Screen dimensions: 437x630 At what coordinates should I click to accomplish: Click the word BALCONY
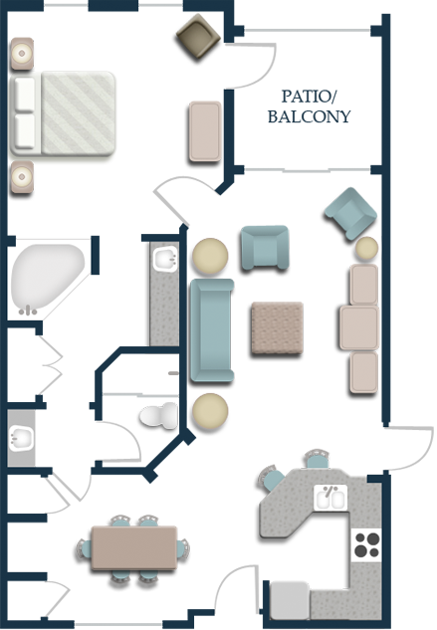(x=310, y=116)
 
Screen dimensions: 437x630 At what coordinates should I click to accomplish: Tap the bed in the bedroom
(x=63, y=113)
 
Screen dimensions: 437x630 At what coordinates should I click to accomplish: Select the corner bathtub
(x=48, y=280)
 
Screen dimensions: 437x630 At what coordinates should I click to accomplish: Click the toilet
(x=159, y=415)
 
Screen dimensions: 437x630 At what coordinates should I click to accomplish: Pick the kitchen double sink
(x=330, y=498)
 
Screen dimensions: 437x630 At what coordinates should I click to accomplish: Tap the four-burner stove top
(x=366, y=544)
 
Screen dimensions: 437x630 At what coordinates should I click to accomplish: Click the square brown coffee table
(x=277, y=327)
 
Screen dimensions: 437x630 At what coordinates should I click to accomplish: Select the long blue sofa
(x=212, y=329)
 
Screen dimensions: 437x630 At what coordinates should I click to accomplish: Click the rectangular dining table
(x=133, y=547)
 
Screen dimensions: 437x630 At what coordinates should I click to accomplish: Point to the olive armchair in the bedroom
(x=198, y=36)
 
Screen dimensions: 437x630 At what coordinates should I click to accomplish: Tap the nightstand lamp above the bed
(x=22, y=54)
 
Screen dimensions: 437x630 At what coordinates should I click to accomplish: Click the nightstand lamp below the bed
(x=22, y=177)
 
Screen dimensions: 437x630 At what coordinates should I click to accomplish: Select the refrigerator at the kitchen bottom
(x=289, y=600)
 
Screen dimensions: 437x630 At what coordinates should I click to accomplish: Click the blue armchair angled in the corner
(x=351, y=213)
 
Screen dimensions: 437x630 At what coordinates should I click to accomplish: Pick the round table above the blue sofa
(x=210, y=256)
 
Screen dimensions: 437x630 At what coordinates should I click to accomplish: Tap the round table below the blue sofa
(x=210, y=411)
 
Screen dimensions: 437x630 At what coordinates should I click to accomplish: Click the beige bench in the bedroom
(x=205, y=131)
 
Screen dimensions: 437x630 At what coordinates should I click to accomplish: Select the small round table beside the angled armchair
(x=366, y=248)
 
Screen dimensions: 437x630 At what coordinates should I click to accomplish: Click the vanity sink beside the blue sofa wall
(x=165, y=259)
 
